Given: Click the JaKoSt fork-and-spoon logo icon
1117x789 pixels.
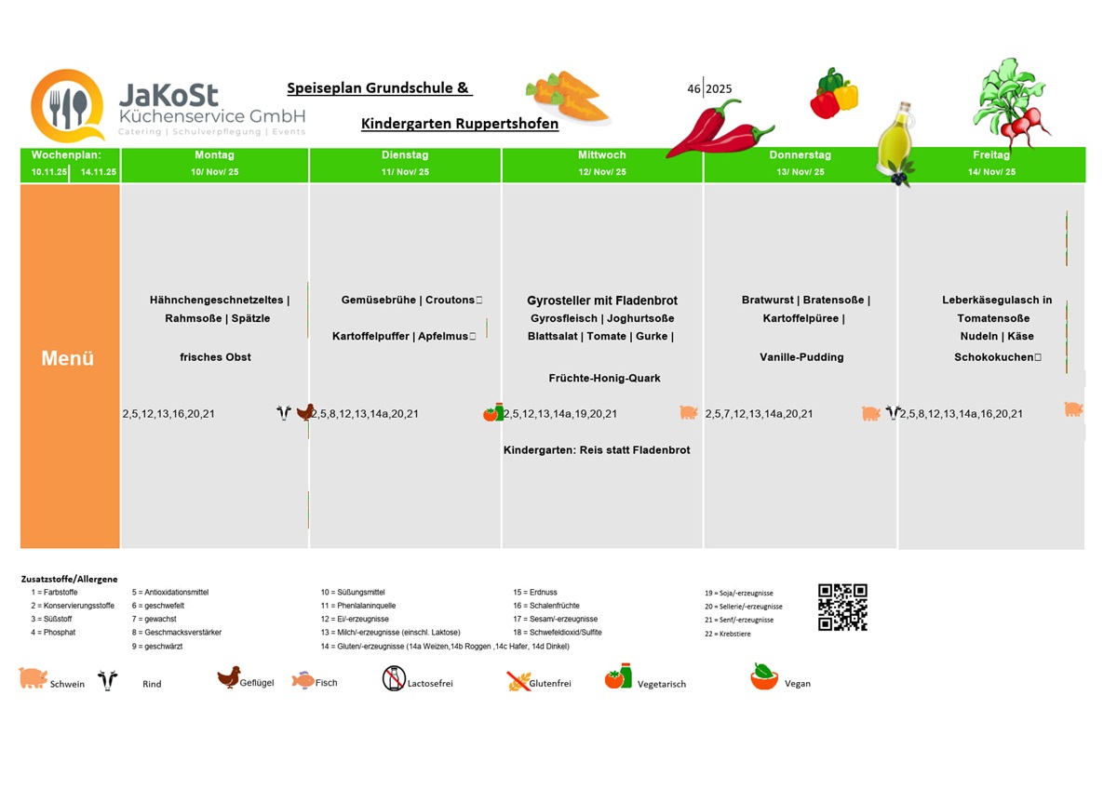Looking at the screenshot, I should [x=67, y=106].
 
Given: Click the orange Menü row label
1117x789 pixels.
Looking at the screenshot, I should [x=68, y=358].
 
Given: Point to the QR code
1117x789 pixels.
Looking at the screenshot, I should [x=842, y=608].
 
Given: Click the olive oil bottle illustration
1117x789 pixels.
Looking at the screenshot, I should [x=895, y=140].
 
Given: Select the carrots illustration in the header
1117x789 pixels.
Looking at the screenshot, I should [x=567, y=96].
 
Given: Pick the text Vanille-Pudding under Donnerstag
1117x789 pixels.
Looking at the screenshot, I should [x=801, y=357].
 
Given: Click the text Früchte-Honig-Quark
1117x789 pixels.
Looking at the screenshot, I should [x=604, y=378].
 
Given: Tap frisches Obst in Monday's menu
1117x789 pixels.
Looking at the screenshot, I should [x=215, y=357].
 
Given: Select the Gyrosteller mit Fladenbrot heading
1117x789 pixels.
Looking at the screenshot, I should [x=602, y=301].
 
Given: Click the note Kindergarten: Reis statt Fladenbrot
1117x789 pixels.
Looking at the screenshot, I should [x=597, y=450].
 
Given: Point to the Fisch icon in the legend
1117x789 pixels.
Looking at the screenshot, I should [x=303, y=680].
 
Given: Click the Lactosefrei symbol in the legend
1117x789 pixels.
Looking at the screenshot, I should [x=394, y=678].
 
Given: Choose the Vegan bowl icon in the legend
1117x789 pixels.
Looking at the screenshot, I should [x=764, y=677].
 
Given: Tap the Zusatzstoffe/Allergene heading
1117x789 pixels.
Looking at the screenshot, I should [x=70, y=579].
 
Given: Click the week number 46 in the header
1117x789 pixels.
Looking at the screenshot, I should [x=693, y=89].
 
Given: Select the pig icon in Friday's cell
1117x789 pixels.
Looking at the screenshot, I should [x=1073, y=408].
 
